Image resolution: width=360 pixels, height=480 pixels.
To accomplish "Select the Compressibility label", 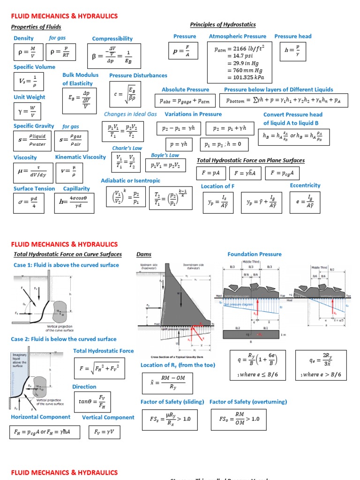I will pos(112,38).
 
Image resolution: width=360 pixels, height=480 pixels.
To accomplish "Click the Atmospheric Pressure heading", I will pos(237,36).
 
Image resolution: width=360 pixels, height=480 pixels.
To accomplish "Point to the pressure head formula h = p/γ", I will pos(298,51).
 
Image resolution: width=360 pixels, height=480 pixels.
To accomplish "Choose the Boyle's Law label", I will pos(165,155).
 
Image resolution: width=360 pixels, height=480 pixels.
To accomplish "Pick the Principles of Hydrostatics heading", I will pos(223,24).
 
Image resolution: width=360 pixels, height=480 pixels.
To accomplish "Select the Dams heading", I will pos(144,254).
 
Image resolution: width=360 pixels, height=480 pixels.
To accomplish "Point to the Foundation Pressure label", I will pos(255,254).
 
